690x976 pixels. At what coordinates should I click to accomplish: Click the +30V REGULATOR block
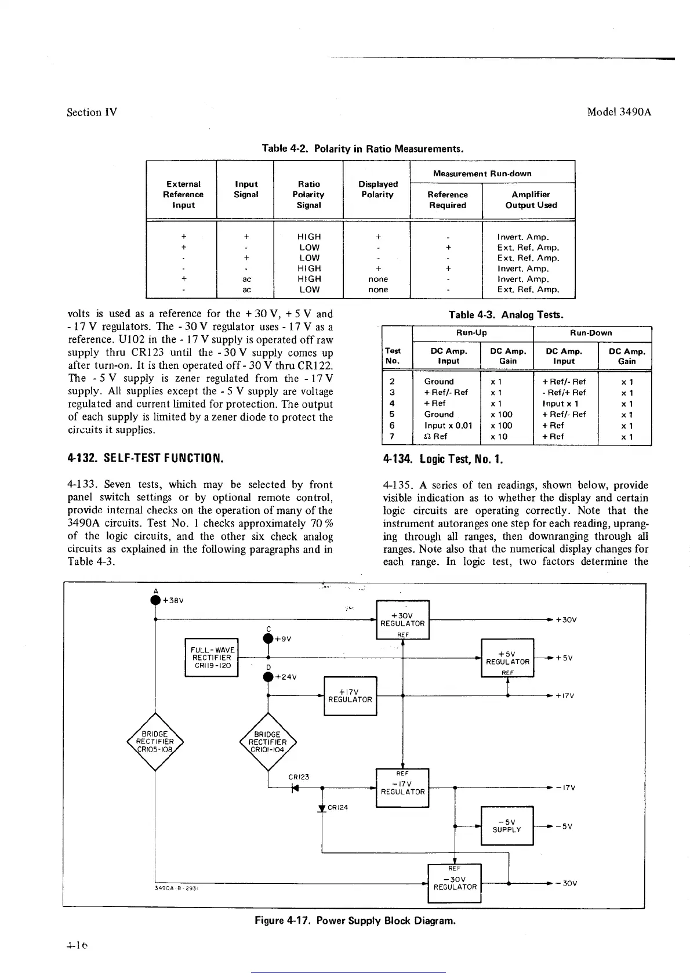(402, 619)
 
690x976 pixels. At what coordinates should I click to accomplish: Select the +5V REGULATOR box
(507, 658)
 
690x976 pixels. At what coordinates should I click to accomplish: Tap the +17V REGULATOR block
(350, 696)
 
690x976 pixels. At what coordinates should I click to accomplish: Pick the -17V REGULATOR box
(402, 788)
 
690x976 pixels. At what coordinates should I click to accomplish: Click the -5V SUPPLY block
(507, 826)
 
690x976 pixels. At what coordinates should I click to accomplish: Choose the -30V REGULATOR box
(455, 883)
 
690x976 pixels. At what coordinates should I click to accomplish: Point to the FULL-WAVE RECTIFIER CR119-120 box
(211, 658)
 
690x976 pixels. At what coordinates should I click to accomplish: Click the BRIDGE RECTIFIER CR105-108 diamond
(155, 741)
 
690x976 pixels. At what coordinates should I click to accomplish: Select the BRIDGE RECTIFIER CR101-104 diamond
(267, 741)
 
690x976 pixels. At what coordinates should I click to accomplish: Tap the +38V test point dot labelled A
(155, 600)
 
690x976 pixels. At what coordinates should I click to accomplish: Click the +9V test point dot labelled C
(268, 638)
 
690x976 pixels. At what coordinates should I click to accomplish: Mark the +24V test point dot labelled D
(268, 677)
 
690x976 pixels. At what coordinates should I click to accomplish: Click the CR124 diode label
(337, 807)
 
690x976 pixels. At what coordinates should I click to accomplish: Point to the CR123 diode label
(299, 777)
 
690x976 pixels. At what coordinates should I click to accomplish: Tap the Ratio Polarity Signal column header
(308, 194)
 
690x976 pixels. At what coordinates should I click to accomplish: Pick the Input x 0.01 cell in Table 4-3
(448, 425)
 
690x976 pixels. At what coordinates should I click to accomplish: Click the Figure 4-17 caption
(355, 920)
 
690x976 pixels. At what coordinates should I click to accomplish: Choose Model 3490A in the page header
(619, 112)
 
